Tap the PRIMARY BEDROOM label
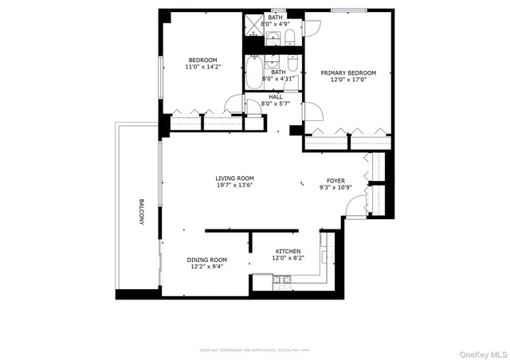click(348, 72)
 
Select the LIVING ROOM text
click(234, 178)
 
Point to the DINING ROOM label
click(207, 260)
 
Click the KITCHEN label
click(288, 252)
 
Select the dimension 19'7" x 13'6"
click(234, 186)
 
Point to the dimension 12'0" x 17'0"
click(348, 80)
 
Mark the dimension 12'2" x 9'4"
click(207, 267)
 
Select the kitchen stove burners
click(282, 279)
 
